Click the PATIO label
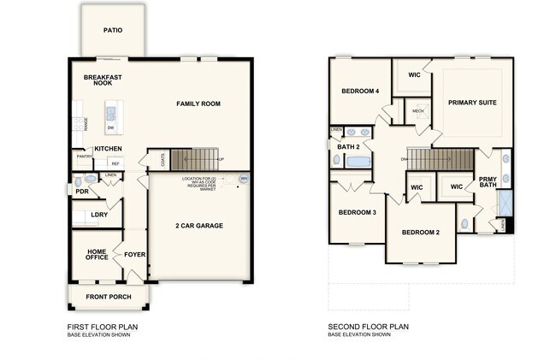113,30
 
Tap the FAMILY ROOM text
198,103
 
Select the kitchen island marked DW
111,117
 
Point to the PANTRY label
85,156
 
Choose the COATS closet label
162,159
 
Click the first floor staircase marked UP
195,159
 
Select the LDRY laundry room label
99,215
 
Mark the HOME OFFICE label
97,255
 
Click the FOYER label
135,253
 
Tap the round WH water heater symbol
244,180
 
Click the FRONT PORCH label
109,298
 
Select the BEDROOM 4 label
360,91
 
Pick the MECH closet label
417,111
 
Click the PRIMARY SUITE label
472,102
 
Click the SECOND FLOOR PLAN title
369,327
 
